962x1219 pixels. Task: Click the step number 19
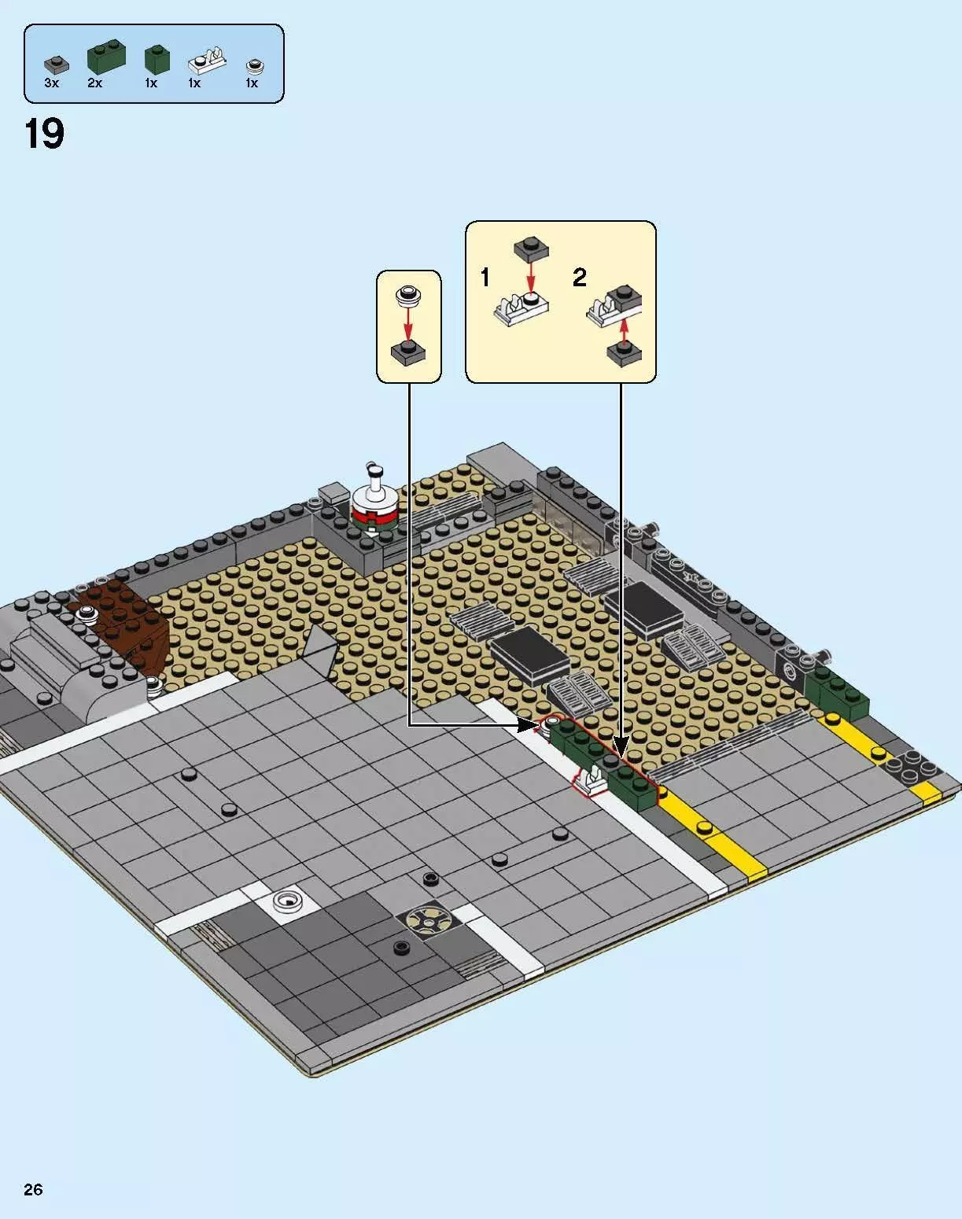tap(44, 134)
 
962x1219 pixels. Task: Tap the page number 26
tap(33, 1188)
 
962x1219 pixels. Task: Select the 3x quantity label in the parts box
tap(51, 83)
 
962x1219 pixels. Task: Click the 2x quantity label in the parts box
tap(94, 83)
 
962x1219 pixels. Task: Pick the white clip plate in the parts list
tap(207, 61)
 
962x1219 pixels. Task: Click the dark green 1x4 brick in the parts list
tap(106, 57)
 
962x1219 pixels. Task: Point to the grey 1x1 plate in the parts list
tap(56, 64)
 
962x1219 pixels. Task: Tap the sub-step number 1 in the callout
tap(485, 278)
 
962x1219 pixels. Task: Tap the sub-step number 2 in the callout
tap(579, 278)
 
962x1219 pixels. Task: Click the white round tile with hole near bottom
tap(287, 901)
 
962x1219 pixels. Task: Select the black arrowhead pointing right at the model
tap(527, 725)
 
